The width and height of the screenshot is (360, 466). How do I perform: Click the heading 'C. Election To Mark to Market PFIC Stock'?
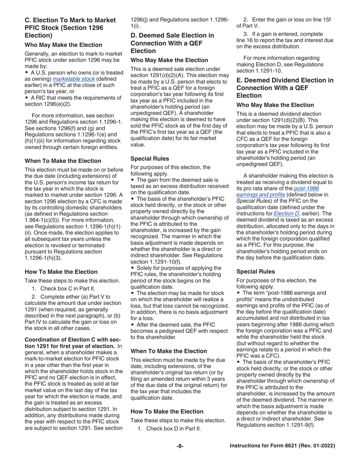click(x=70, y=28)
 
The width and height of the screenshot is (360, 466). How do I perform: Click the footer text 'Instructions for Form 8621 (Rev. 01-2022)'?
click(x=282, y=446)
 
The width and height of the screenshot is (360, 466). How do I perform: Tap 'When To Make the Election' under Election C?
click(x=63, y=161)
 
